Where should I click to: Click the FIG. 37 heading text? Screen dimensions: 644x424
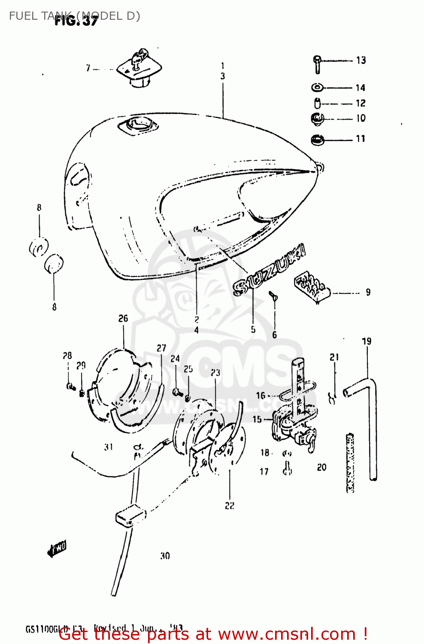click(76, 21)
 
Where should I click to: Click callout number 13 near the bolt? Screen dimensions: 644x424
click(361, 61)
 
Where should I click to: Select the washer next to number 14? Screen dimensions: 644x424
click(317, 88)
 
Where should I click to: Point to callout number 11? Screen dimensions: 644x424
click(360, 139)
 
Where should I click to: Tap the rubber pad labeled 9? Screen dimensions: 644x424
click(311, 286)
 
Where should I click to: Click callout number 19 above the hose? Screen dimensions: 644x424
click(366, 342)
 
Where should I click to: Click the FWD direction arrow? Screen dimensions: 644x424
click(57, 549)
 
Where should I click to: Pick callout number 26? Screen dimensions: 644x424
click(123, 319)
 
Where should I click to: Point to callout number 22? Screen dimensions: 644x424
click(230, 506)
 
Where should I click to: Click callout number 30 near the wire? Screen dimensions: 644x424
click(165, 556)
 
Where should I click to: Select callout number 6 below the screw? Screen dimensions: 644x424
click(275, 335)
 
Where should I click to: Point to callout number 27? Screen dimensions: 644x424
click(161, 348)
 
